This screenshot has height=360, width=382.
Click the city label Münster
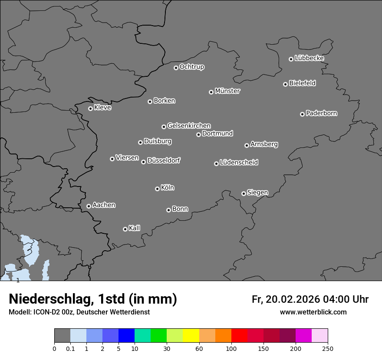227,91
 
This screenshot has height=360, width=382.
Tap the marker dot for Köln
157,189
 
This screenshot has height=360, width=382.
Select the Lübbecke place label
309,58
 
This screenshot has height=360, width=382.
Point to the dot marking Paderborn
302,114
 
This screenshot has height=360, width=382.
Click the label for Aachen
104,205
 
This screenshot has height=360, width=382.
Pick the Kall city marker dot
125,229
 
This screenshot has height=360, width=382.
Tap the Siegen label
257,193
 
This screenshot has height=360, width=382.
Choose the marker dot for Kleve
90,108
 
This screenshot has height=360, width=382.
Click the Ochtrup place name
192,67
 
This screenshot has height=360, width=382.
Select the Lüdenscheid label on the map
239,163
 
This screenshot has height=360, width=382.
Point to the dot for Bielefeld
285,84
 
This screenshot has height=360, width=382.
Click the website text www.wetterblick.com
313,312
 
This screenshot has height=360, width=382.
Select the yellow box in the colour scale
191,336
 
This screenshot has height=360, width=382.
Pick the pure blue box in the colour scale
126,336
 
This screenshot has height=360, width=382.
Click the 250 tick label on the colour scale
328,348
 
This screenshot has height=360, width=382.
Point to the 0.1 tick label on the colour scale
70,348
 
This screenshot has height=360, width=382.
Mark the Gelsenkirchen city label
189,126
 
